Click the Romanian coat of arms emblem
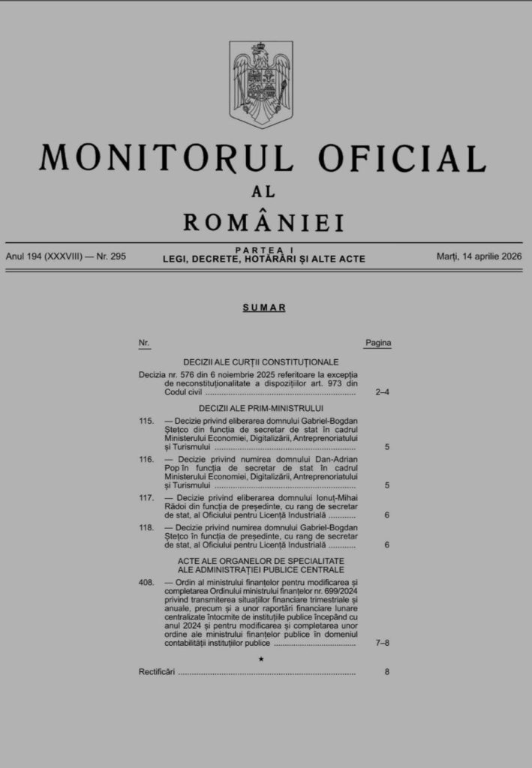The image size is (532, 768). coord(260,84)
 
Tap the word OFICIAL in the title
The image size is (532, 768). coord(401,158)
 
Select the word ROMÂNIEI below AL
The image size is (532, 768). coord(263,222)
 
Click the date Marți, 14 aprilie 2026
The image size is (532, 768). coord(479,256)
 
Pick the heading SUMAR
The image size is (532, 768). coord(264,307)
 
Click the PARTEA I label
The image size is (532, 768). coord(263,249)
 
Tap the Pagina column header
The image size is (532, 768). coord(378,343)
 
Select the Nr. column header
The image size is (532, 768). coord(144,343)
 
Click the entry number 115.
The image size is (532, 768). coord(146,421)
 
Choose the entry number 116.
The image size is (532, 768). coord(146,459)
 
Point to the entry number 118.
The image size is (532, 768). coord(146,527)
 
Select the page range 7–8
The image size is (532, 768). coord(382,643)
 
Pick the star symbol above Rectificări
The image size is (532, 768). coord(261,658)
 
